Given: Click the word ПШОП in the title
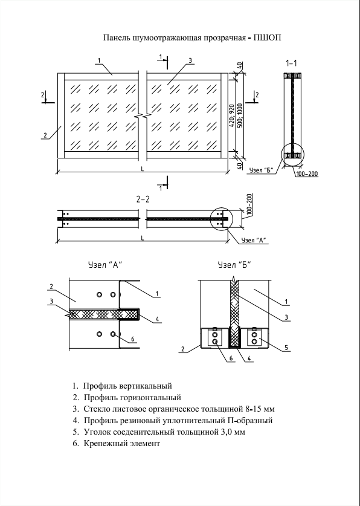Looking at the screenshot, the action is pyautogui.click(x=267, y=37).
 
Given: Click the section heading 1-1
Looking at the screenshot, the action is pyautogui.click(x=291, y=63).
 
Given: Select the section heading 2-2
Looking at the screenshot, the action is pyautogui.click(x=143, y=199).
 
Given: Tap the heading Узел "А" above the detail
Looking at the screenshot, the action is pyautogui.click(x=105, y=265).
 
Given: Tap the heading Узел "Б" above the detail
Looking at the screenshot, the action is pyautogui.click(x=234, y=265).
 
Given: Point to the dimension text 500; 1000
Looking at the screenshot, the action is pyautogui.click(x=240, y=115).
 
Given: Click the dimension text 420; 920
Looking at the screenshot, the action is pyautogui.click(x=232, y=115).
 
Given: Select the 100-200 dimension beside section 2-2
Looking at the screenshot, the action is pyautogui.click(x=250, y=204).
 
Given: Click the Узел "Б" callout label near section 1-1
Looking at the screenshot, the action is pyautogui.click(x=262, y=170).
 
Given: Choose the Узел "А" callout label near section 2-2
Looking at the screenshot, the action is pyautogui.click(x=253, y=240).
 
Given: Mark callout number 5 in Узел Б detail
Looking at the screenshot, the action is pyautogui.click(x=286, y=348).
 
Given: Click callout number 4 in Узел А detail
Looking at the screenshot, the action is pyautogui.click(x=157, y=319).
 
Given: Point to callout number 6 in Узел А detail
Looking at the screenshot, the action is pyautogui.click(x=132, y=340).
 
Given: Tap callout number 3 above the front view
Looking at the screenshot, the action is pyautogui.click(x=190, y=60).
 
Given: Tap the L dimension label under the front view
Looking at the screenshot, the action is pyautogui.click(x=142, y=169).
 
